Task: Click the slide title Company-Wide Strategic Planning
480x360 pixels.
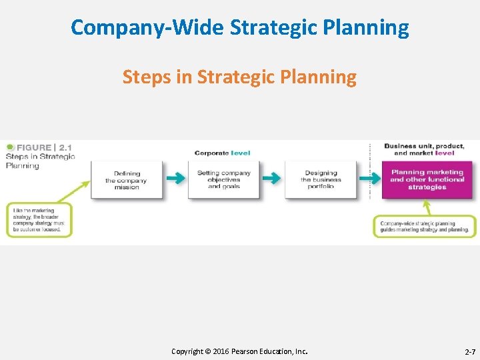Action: [x=240, y=27]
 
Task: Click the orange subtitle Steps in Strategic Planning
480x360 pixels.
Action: [x=239, y=77]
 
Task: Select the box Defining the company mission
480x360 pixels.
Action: [x=127, y=180]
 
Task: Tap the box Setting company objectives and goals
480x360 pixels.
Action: [x=223, y=179]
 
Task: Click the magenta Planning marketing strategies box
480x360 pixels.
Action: [x=427, y=180]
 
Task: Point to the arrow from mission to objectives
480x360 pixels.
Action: [x=175, y=179]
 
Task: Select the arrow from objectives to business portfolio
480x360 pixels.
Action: [x=271, y=179]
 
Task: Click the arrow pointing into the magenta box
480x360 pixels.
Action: [x=367, y=179]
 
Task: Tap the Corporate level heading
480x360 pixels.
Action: [x=223, y=153]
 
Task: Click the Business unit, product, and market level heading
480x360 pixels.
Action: [x=424, y=149]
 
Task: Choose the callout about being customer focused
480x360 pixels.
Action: [x=39, y=221]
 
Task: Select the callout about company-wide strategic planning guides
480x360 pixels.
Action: [x=425, y=227]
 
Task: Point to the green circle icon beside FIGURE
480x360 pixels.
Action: [x=9, y=147]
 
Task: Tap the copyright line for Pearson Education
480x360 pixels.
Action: [x=240, y=351]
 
